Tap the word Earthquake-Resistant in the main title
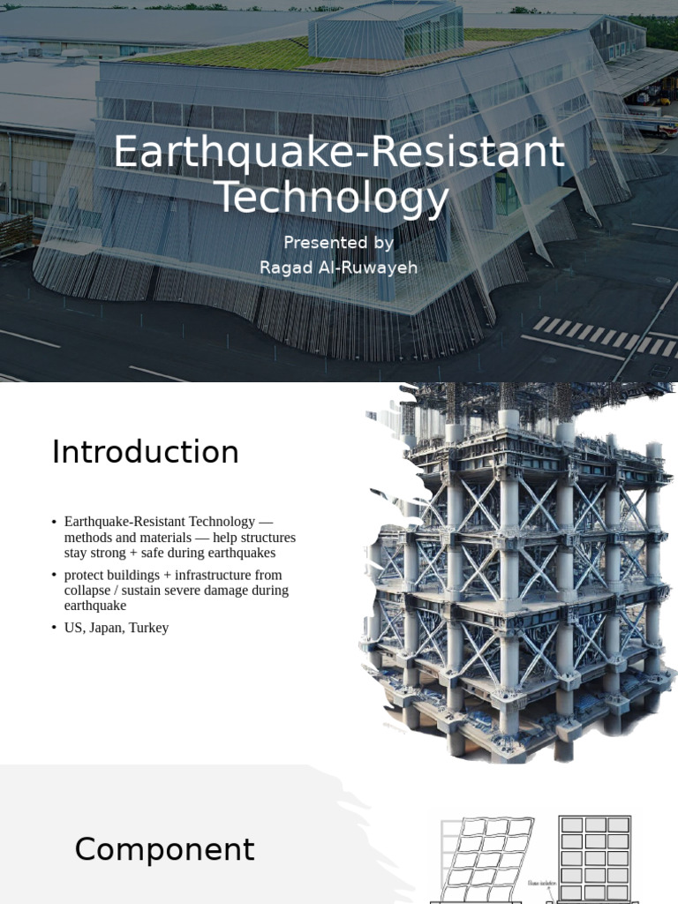pyautogui.click(x=338, y=152)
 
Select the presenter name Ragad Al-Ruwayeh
pyautogui.click(x=338, y=267)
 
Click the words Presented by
pyautogui.click(x=338, y=243)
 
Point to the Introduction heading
pyautogui.click(x=146, y=452)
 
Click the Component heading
pyautogui.click(x=164, y=849)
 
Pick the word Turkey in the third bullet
pyautogui.click(x=149, y=628)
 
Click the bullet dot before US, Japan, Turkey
pyautogui.click(x=54, y=628)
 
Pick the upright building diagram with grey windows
pyautogui.click(x=595, y=856)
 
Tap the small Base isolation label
pyautogui.click(x=541, y=882)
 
